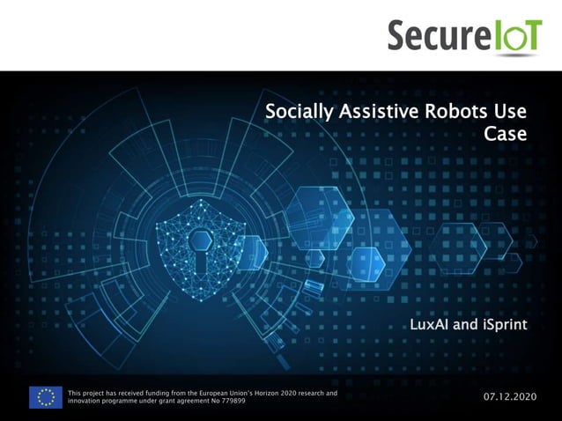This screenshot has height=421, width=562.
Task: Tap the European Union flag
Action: [45, 397]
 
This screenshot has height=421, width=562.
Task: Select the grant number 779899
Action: [233, 402]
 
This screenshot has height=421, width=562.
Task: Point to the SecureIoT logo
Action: [464, 36]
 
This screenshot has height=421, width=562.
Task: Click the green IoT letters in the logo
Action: [517, 36]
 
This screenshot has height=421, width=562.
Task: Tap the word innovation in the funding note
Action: [85, 402]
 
